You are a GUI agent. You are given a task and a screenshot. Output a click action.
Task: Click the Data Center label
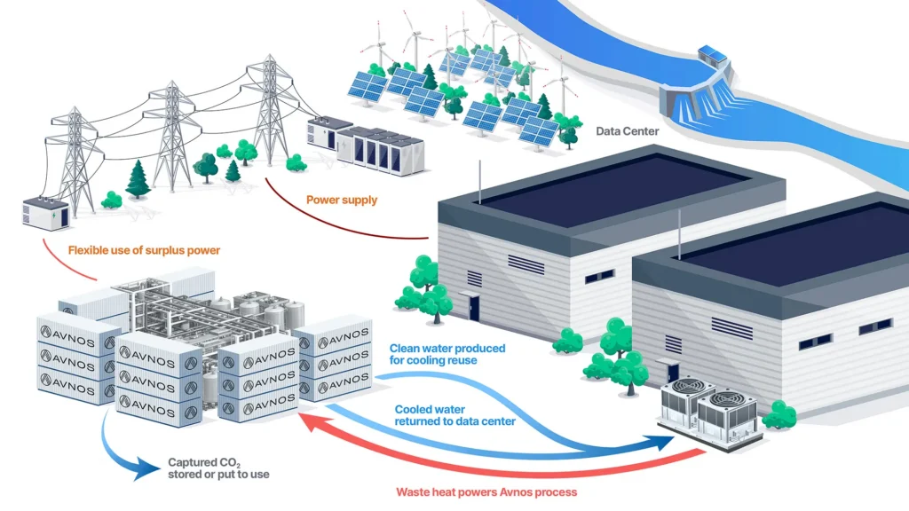628,131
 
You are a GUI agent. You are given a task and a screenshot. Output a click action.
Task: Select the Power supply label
342,200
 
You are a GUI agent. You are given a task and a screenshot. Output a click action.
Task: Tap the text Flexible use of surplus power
145,250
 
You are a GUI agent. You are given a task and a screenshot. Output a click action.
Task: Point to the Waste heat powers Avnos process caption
486,492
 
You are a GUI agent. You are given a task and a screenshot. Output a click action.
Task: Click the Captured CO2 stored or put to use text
218,468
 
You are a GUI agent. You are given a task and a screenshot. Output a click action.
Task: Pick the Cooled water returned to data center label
455,415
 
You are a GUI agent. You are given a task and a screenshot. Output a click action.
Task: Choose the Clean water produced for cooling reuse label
447,354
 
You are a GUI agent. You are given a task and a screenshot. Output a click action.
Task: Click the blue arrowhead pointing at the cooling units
664,443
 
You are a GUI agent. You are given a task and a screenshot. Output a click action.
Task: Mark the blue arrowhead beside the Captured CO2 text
145,468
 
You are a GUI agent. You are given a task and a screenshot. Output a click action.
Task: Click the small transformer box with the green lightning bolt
46,214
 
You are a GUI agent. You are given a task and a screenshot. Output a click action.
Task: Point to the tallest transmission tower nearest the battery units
269,109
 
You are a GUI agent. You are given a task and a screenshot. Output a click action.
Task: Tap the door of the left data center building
474,308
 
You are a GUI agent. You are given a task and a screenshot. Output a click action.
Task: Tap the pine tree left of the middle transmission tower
138,178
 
